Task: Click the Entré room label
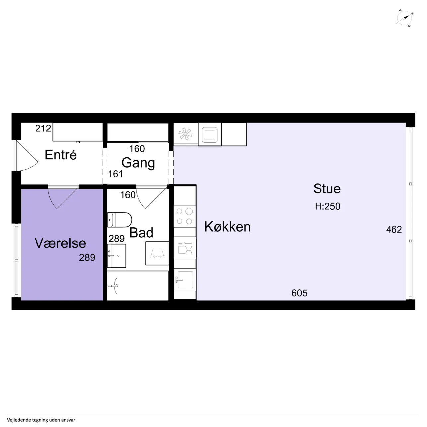[x=61, y=155]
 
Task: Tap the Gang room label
[x=138, y=163]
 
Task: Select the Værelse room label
[x=60, y=243]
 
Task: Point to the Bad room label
[x=141, y=233]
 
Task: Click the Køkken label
[x=227, y=227]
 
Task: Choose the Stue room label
[x=327, y=189]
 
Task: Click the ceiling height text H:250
[x=327, y=206]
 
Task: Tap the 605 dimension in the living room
[x=299, y=293]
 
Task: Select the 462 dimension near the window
[x=394, y=229]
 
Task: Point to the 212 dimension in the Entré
[x=43, y=128]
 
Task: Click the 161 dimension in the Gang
[x=116, y=174]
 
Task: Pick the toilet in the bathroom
[x=120, y=220]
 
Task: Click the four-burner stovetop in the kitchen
[x=184, y=216]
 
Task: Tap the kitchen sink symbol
[x=185, y=280]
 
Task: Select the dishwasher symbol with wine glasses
[x=185, y=248]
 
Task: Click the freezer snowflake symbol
[x=185, y=134]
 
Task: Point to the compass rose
[x=404, y=18]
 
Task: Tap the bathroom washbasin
[x=116, y=256]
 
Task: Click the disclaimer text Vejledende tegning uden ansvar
[x=41, y=420]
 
